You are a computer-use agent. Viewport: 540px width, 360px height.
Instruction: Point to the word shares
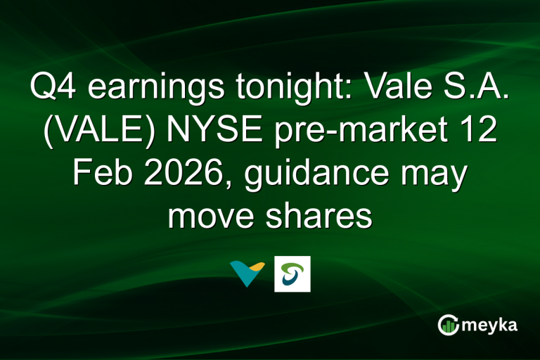(325, 217)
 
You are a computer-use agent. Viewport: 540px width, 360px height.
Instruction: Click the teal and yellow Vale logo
(246, 274)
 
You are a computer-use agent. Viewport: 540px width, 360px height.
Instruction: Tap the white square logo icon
(292, 274)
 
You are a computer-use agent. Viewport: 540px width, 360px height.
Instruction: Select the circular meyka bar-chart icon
(448, 326)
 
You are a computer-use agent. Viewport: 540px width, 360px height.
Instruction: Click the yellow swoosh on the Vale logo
(255, 266)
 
